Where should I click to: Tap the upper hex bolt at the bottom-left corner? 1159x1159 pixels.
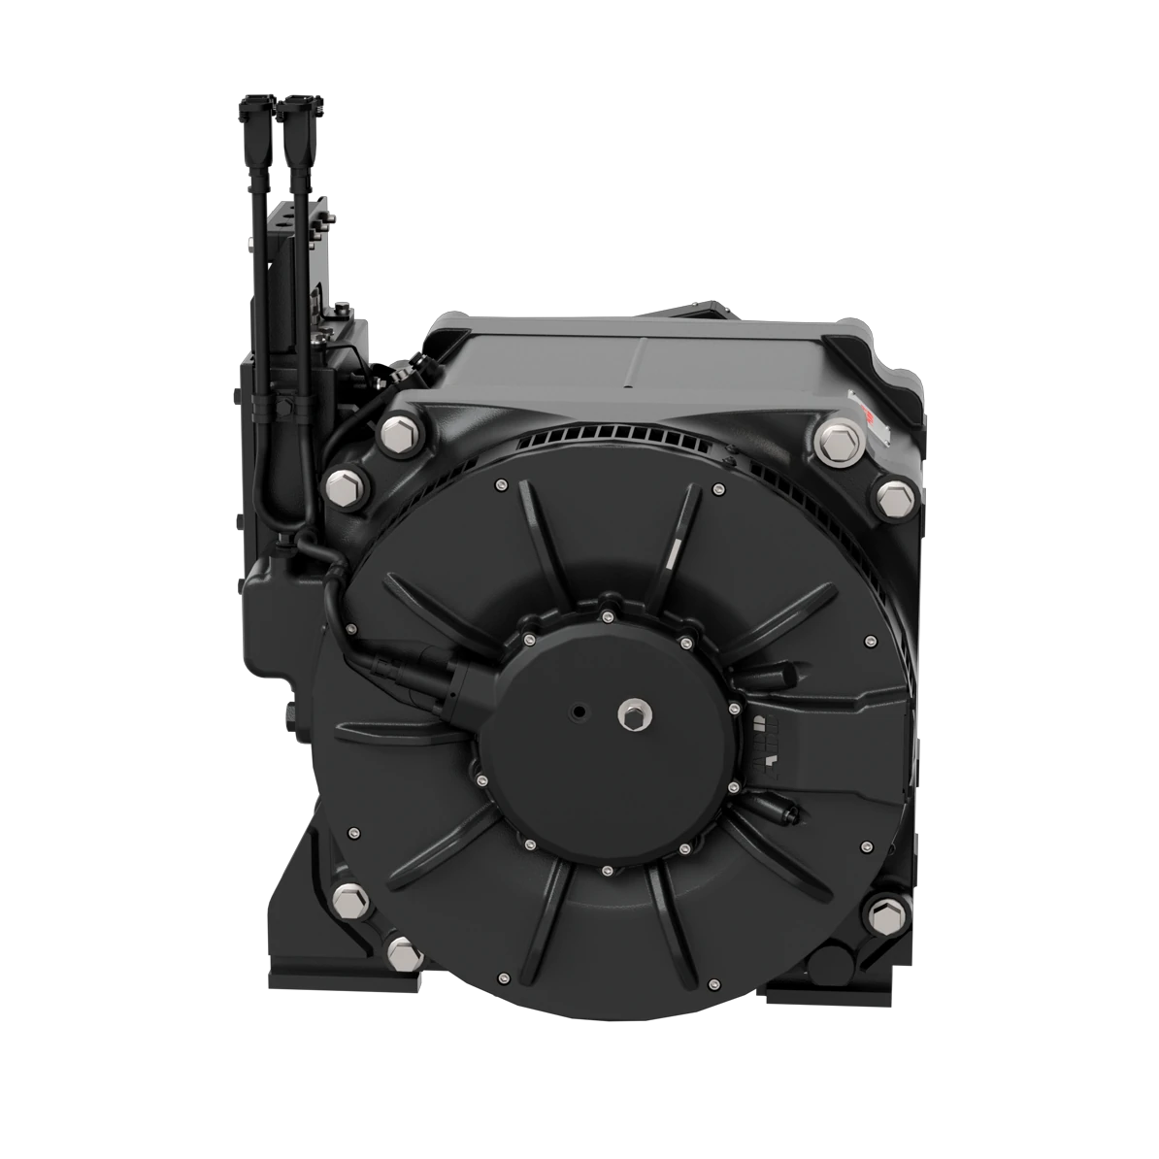[348, 901]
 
